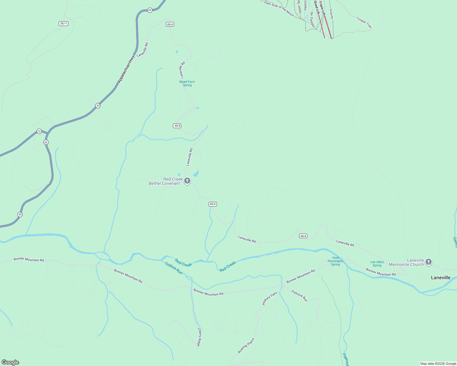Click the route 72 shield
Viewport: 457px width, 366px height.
39,131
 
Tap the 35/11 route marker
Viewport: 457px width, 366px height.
64,23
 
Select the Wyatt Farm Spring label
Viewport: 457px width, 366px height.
187,83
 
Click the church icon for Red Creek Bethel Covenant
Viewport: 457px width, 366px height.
187,181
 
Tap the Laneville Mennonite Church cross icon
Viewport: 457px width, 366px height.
429,262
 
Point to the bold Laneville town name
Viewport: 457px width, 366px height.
441,278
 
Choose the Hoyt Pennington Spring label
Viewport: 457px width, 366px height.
335,261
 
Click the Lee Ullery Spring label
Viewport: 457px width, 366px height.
377,264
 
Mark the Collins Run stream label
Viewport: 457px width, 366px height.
174,268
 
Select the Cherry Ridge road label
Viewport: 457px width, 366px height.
199,337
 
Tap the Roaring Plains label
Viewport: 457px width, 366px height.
246,346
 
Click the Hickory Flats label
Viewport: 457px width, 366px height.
270,298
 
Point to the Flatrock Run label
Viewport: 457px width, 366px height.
299,296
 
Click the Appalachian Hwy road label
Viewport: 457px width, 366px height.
126,69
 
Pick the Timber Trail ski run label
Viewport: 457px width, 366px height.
364,23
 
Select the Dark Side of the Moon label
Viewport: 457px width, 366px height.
279,9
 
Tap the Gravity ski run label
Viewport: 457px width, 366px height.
331,14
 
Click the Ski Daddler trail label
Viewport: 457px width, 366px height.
312,20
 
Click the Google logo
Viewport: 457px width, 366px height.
10,362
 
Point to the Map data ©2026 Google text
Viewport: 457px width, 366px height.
438,364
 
